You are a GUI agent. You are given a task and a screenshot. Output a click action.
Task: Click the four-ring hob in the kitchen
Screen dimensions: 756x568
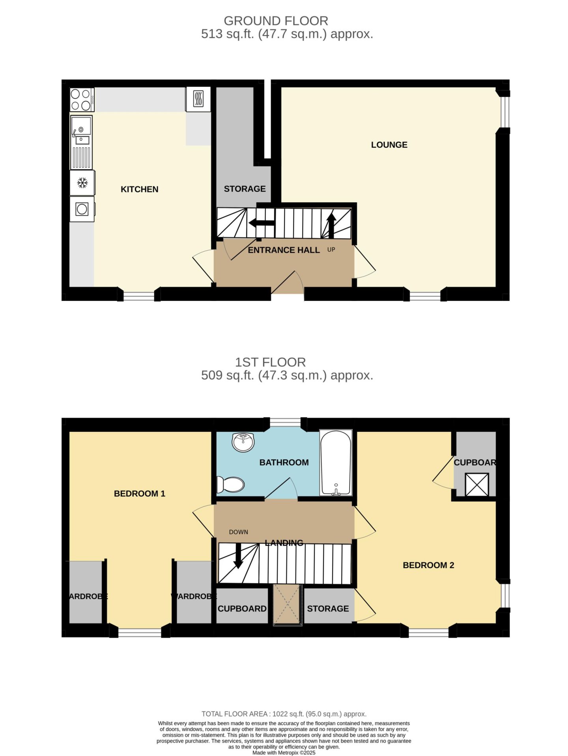coord(82,99)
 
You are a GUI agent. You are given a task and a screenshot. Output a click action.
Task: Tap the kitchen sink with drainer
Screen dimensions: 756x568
coord(81,142)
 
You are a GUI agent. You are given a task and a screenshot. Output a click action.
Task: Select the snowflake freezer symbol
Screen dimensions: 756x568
coord(82,183)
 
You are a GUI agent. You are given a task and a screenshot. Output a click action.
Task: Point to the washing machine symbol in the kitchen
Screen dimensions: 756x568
coord(82,209)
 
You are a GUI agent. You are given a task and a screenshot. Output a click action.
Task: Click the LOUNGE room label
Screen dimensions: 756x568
coord(389,145)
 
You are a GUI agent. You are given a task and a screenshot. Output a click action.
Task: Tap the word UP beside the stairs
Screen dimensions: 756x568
coord(331,250)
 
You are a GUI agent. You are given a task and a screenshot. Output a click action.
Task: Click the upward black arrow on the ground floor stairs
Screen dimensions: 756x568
coord(331,226)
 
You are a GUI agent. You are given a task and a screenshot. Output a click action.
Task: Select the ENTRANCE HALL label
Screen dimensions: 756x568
coord(284,250)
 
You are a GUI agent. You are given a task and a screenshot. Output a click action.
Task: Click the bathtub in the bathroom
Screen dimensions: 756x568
coord(336,462)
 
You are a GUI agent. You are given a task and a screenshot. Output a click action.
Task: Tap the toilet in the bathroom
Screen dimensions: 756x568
coord(231,484)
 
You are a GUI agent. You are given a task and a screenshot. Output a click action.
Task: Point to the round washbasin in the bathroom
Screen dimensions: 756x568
coord(243,442)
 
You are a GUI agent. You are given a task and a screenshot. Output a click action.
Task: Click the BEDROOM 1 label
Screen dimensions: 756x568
coord(139,493)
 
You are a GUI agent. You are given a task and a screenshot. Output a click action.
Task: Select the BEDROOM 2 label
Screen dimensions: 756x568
coord(428,565)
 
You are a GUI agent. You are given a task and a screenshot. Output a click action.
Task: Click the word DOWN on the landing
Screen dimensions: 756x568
coord(239,532)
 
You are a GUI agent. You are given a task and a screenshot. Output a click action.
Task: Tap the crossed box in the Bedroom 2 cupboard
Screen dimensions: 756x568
coord(476,484)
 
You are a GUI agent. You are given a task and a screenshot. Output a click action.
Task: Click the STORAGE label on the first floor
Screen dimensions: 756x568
coord(328,609)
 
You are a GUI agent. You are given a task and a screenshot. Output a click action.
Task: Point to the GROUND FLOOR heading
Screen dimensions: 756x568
coord(276,21)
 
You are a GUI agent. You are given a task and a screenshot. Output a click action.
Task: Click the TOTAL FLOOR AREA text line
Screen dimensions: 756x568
coord(284,714)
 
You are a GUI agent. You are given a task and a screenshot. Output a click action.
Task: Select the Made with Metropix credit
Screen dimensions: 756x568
coord(284,752)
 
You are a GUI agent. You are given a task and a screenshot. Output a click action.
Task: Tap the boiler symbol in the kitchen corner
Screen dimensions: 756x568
coord(198,99)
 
